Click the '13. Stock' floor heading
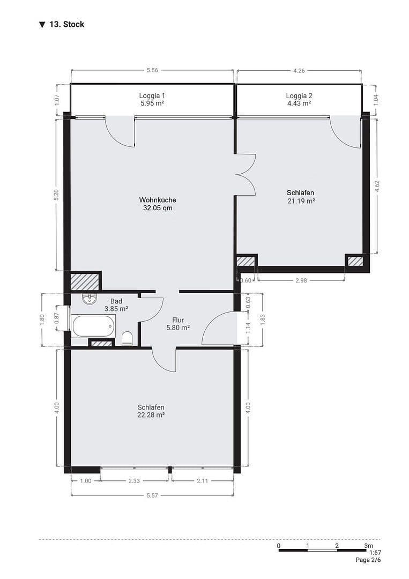pyautogui.click(x=66, y=24)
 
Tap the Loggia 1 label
pyautogui.click(x=152, y=95)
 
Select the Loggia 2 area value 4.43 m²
pyautogui.click(x=299, y=103)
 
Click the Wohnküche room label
pyautogui.click(x=158, y=200)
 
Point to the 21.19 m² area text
pyautogui.click(x=301, y=201)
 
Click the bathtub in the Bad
pyautogui.click(x=93, y=325)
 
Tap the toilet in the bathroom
pyautogui.click(x=127, y=339)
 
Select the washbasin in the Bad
pyautogui.click(x=89, y=298)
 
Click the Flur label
pyautogui.click(x=178, y=320)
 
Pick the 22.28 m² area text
pyautogui.click(x=151, y=415)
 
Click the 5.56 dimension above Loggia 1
pyautogui.click(x=152, y=70)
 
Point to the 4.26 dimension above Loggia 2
pyautogui.click(x=299, y=70)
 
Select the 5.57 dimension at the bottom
pyautogui.click(x=152, y=495)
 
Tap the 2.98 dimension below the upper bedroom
pyautogui.click(x=301, y=280)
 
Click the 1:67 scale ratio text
pyautogui.click(x=375, y=553)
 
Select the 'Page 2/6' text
pyautogui.click(x=368, y=560)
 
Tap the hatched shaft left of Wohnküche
pyautogui.click(x=85, y=282)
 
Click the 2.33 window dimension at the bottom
pyautogui.click(x=134, y=481)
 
